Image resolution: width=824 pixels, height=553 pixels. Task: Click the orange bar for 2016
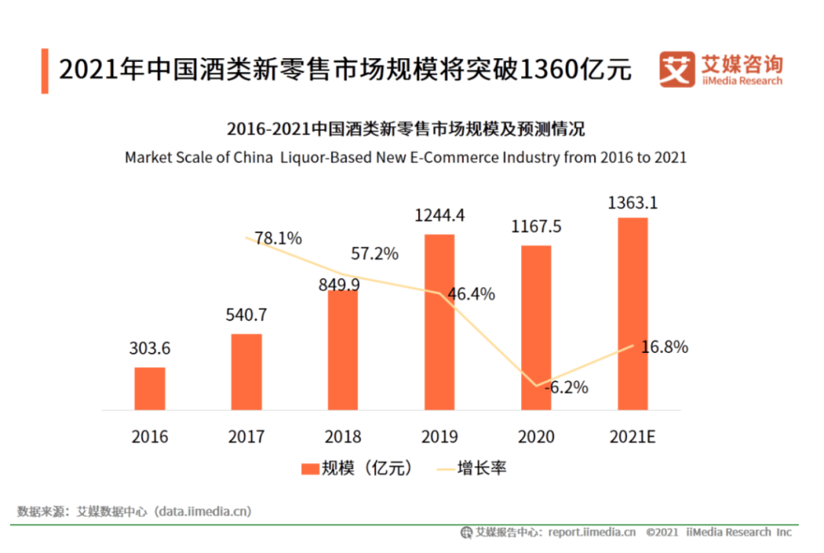[150, 389]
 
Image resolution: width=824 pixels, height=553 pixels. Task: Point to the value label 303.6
[150, 349]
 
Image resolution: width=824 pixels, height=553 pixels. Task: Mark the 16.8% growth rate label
[665, 347]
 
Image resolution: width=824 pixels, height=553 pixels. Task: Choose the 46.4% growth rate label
[472, 294]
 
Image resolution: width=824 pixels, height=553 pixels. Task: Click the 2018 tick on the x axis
[343, 437]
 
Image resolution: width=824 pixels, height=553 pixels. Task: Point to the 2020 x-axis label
[536, 437]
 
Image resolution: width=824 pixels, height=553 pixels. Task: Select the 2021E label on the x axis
[632, 437]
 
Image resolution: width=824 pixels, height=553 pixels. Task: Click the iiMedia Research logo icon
[676, 70]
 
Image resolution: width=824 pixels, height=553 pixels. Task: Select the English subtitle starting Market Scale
[405, 157]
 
